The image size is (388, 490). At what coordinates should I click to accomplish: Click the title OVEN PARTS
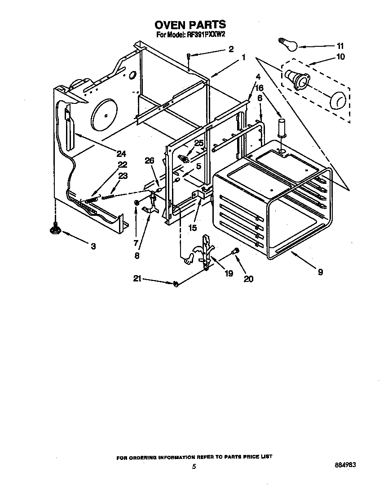[190, 24]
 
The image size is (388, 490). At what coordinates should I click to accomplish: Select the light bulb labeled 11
[287, 45]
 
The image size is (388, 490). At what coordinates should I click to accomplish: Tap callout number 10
[340, 57]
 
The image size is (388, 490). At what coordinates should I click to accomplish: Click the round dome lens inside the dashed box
[338, 100]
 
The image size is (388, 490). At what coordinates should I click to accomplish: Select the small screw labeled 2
[190, 55]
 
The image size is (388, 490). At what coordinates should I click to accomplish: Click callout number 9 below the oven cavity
[320, 272]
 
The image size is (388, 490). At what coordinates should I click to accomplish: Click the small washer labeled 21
[176, 284]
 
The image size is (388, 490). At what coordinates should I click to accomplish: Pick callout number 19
[229, 273]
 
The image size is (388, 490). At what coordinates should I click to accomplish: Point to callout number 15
[192, 228]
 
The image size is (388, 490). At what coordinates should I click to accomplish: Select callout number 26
[149, 160]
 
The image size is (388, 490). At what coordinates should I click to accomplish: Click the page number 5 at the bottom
[194, 467]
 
